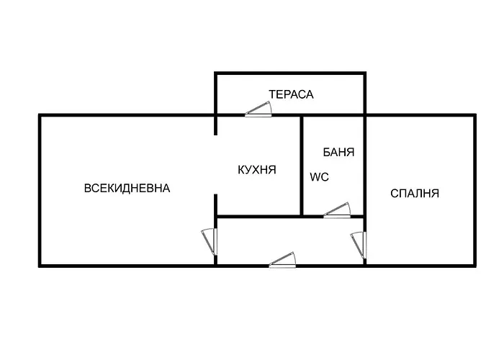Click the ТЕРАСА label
pyautogui.click(x=291, y=94)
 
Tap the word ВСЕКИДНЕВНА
pyautogui.click(x=127, y=189)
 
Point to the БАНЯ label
pyautogui.click(x=338, y=153)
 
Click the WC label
pyautogui.click(x=319, y=177)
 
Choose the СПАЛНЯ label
pyautogui.click(x=415, y=193)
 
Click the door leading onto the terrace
pyautogui.click(x=258, y=110)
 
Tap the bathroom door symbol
pyautogui.click(x=336, y=211)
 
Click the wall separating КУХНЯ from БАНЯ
pyautogui.click(x=301, y=166)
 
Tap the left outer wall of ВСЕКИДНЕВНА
pyautogui.click(x=40, y=191)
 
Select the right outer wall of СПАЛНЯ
pyautogui.click(x=474, y=191)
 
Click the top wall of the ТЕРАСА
pyautogui.click(x=290, y=73)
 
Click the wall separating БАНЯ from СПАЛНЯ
pyautogui.click(x=365, y=166)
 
